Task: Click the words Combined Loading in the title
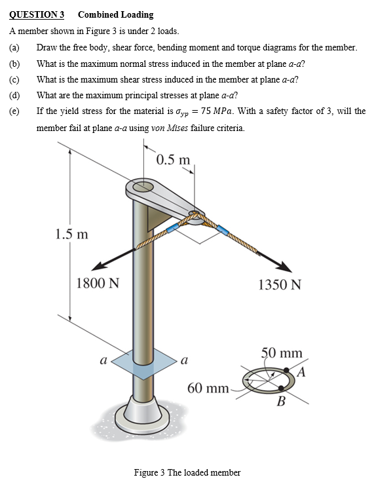pyautogui.click(x=115, y=14)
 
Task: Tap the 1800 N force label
pyautogui.click(x=98, y=284)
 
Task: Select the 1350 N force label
pyautogui.click(x=280, y=285)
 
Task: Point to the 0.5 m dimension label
pyautogui.click(x=174, y=159)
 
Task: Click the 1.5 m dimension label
pyautogui.click(x=73, y=234)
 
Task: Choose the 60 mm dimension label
pyautogui.click(x=208, y=388)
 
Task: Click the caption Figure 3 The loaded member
pyautogui.click(x=187, y=472)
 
